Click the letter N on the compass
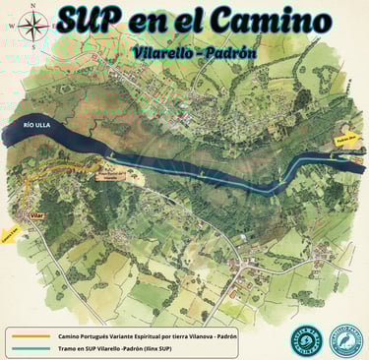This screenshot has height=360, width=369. tap(34, 6)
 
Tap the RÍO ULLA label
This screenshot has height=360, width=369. tap(37, 125)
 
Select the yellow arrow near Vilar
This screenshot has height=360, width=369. tap(12, 234)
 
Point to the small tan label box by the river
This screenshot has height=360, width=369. tap(114, 175)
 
